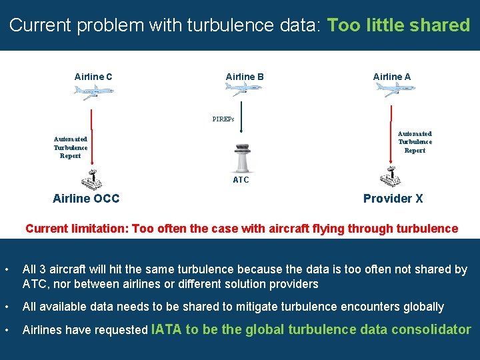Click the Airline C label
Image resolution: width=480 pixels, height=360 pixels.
pyautogui.click(x=93, y=77)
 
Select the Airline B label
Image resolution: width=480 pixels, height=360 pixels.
pyautogui.click(x=245, y=77)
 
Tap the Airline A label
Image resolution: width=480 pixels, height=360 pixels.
pyautogui.click(x=392, y=77)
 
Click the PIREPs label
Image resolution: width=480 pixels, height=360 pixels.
pyautogui.click(x=223, y=120)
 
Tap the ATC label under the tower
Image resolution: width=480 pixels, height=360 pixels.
pyautogui.click(x=241, y=180)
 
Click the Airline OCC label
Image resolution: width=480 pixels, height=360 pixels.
pyautogui.click(x=86, y=199)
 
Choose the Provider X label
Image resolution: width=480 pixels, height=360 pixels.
pyautogui.click(x=393, y=199)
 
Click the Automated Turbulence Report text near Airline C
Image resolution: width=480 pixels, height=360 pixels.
pyautogui.click(x=71, y=147)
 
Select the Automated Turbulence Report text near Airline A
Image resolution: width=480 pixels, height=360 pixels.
pyautogui.click(x=415, y=142)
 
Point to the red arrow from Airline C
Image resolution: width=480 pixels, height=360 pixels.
pyautogui.click(x=90, y=133)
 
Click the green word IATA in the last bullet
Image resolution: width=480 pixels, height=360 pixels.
pyautogui.click(x=167, y=329)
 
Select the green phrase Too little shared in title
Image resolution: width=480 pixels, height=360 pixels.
pyautogui.click(x=399, y=25)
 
